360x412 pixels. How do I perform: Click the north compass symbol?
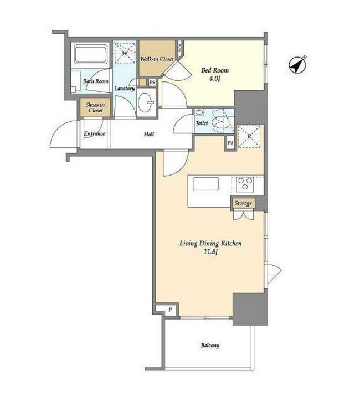(x=298, y=65)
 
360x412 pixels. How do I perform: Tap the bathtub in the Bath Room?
(x=91, y=54)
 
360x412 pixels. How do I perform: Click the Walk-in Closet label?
(x=157, y=59)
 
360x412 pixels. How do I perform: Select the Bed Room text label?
(x=215, y=70)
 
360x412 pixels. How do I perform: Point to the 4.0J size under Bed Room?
(x=215, y=78)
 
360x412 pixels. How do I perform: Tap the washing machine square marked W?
(x=125, y=53)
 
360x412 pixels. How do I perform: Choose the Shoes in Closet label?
(x=95, y=107)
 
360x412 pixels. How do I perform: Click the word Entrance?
(x=94, y=134)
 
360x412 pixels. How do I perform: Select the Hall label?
(x=149, y=134)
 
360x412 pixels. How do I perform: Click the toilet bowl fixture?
(x=220, y=122)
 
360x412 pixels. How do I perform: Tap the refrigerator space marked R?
(x=249, y=136)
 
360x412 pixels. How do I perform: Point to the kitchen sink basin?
(x=205, y=184)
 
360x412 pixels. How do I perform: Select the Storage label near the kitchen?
(x=243, y=203)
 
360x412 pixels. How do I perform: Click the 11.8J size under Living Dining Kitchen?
(x=211, y=252)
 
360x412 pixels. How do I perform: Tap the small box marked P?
(x=170, y=310)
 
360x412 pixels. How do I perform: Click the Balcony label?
(x=210, y=345)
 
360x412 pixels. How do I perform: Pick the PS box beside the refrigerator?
(x=230, y=143)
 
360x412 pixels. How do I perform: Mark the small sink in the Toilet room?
(x=199, y=112)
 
